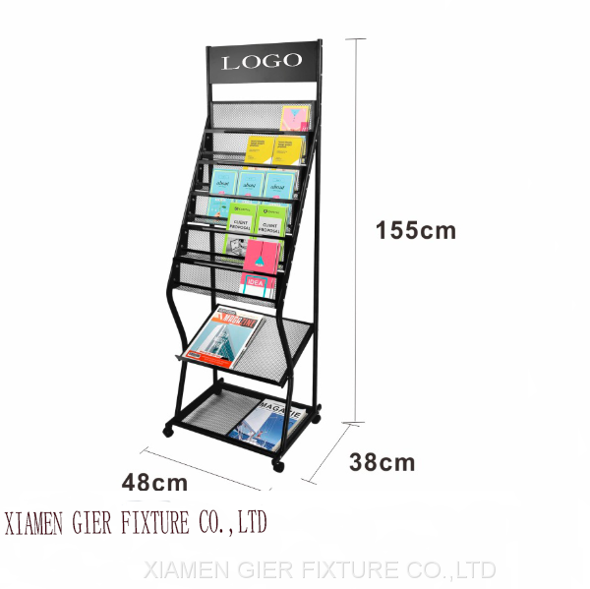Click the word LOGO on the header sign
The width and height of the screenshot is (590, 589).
click(262, 62)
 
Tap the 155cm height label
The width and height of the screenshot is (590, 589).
click(416, 231)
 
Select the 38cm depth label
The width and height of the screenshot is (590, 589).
click(383, 461)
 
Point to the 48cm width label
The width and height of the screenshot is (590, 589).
click(154, 482)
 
